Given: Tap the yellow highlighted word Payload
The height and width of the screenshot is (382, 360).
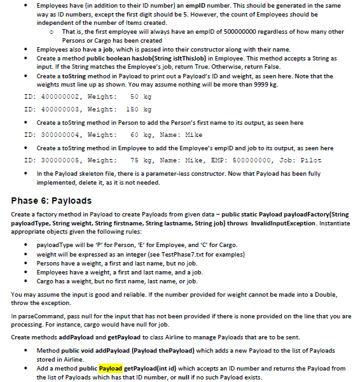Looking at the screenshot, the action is click(x=110, y=368).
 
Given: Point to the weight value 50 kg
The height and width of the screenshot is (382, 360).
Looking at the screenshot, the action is click(x=139, y=97).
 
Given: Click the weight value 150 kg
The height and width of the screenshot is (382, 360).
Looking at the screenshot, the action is click(x=137, y=110).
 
